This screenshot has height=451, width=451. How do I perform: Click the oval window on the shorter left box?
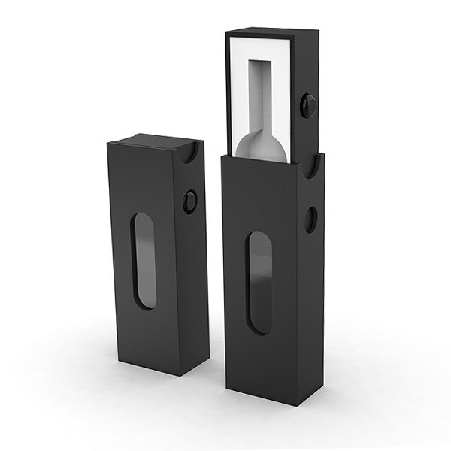point(144,260)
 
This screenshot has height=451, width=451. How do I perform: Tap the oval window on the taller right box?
point(260,282)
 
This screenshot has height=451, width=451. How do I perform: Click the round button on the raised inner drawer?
point(307,104)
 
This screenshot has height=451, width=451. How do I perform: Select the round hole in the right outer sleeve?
point(310,219)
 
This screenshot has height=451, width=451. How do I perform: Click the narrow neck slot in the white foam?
point(265,94)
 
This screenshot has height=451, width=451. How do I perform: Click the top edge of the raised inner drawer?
point(272,32)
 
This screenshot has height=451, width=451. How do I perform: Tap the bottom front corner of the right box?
point(298,404)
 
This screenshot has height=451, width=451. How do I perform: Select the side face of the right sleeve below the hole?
point(311,316)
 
